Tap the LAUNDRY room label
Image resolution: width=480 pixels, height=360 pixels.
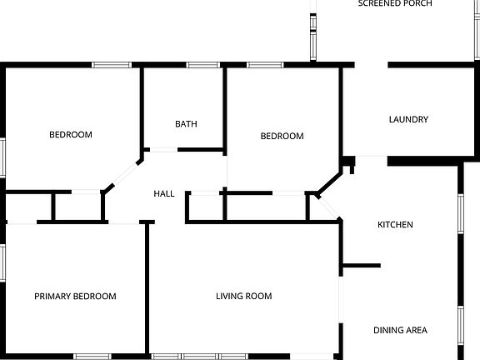coord(408,119)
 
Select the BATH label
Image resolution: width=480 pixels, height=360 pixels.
coord(186,124)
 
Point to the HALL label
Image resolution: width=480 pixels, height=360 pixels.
coord(164,193)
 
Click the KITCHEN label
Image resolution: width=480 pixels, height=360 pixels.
coord(395,225)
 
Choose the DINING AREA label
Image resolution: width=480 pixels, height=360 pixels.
coord(400,330)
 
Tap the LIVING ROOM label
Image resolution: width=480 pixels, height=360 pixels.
coord(243,296)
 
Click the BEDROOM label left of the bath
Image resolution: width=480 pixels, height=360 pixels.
coord(70,134)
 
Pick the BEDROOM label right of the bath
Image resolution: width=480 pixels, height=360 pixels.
coord(282,136)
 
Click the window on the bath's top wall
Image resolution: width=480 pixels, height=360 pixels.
coord(202,65)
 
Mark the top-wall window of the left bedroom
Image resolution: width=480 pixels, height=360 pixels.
coord(111,65)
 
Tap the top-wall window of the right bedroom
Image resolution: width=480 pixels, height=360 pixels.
coord(264,65)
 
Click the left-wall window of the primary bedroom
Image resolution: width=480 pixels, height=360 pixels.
coord(3,261)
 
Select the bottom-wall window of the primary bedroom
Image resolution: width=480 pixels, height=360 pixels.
coord(93,357)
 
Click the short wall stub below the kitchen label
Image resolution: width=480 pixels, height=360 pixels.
coord(361,266)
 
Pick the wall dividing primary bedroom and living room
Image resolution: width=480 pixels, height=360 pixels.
coord(148,287)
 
